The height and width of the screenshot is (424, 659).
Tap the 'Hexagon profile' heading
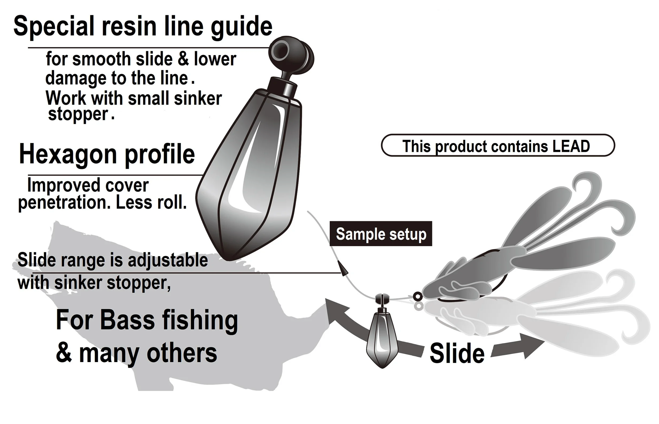107,154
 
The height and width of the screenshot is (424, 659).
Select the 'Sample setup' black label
381,234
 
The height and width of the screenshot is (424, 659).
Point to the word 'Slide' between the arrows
457,354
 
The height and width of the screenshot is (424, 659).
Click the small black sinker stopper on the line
343,268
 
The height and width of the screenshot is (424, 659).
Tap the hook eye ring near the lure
418,297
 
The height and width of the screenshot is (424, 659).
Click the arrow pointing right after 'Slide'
518,346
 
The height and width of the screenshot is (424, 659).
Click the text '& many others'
136,353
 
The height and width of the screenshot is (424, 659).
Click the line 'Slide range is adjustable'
112,260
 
